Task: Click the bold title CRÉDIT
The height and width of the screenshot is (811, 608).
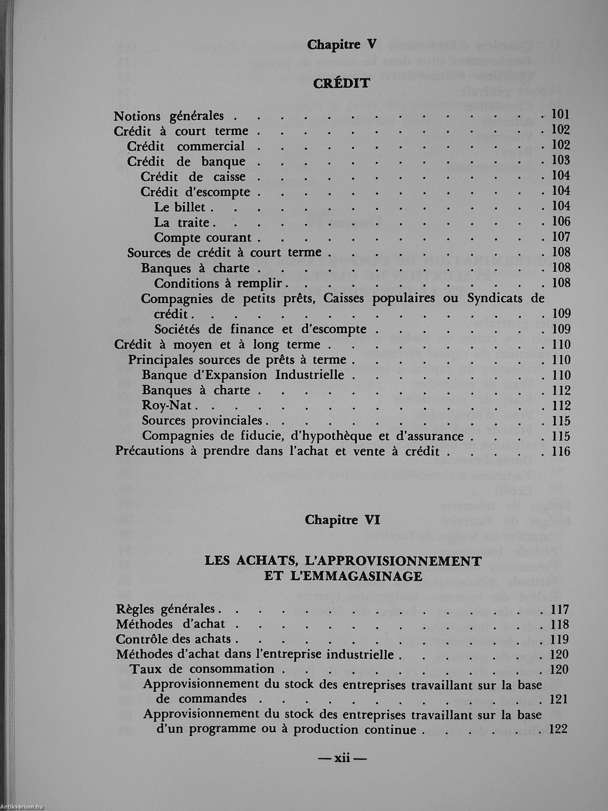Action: [x=341, y=84]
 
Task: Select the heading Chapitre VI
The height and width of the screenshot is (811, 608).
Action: [x=343, y=520]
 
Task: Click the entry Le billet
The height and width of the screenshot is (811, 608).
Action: [x=179, y=207]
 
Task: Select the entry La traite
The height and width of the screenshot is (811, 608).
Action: [x=182, y=222]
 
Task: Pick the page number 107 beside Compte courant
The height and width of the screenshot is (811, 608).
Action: [x=561, y=237]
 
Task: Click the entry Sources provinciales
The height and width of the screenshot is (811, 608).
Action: [x=202, y=421]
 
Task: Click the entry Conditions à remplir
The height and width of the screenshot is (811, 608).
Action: [x=218, y=283]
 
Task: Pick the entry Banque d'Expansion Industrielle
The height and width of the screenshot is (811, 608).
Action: [x=243, y=376]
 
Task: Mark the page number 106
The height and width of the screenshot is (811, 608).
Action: [x=561, y=222]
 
